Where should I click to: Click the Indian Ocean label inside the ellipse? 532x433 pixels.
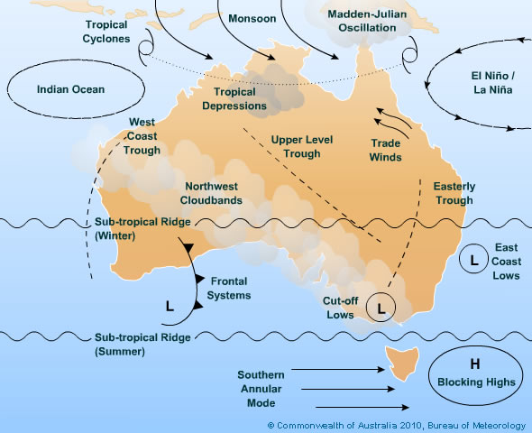click(x=71, y=89)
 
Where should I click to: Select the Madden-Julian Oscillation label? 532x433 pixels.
click(x=362, y=21)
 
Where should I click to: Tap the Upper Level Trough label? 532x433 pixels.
click(x=296, y=146)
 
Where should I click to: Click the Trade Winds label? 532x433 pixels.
click(x=386, y=150)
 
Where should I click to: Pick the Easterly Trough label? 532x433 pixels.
click(x=454, y=193)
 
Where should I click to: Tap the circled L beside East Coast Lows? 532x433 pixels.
click(x=472, y=260)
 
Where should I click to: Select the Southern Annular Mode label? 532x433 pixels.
click(x=261, y=389)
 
